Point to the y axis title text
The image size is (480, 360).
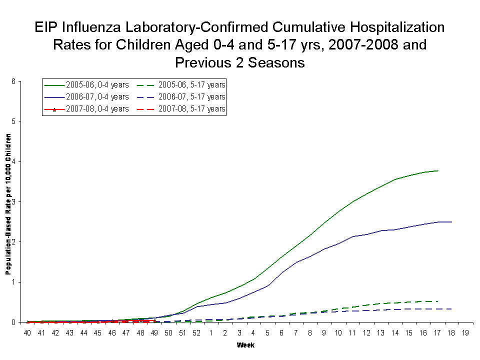click(8, 210)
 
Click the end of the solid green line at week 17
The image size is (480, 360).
click(438, 171)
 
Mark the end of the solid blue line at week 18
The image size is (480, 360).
click(452, 222)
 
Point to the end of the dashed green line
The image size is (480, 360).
click(438, 301)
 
